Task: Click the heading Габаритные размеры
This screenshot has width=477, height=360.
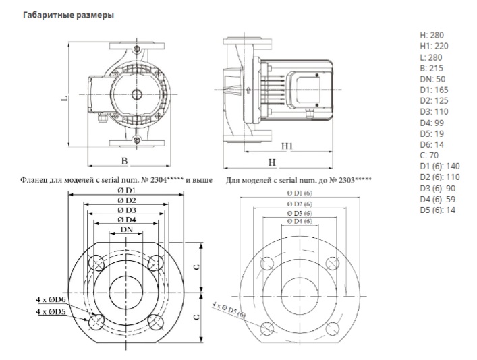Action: click(68, 15)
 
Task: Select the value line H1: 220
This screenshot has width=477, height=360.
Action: click(434, 47)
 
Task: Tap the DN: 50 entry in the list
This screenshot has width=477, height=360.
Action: click(432, 79)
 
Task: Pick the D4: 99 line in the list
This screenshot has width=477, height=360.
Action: click(432, 123)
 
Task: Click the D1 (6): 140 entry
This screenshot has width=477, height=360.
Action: click(440, 167)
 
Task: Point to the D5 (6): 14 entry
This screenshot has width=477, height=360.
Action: click(438, 210)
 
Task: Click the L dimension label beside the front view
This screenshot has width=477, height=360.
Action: click(64, 98)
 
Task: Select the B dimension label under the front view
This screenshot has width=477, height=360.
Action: click(124, 161)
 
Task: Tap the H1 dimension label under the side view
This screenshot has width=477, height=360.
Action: click(287, 146)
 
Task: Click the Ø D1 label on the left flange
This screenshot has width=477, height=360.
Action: click(127, 191)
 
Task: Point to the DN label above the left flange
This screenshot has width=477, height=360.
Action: click(127, 229)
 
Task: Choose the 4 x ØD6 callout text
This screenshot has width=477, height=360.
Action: click(51, 299)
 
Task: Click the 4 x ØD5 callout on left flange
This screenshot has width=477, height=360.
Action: click(51, 311)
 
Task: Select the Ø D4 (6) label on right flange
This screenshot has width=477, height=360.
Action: click(300, 221)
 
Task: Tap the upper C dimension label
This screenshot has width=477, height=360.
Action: click(197, 267)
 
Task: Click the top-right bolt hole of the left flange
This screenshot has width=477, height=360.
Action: click(155, 263)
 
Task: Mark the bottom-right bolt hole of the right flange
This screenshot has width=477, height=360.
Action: click(332, 329)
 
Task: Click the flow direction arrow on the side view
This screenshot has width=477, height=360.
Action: click(248, 90)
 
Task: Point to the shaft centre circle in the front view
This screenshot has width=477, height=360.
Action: click(136, 94)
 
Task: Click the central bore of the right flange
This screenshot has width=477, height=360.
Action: click(300, 296)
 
